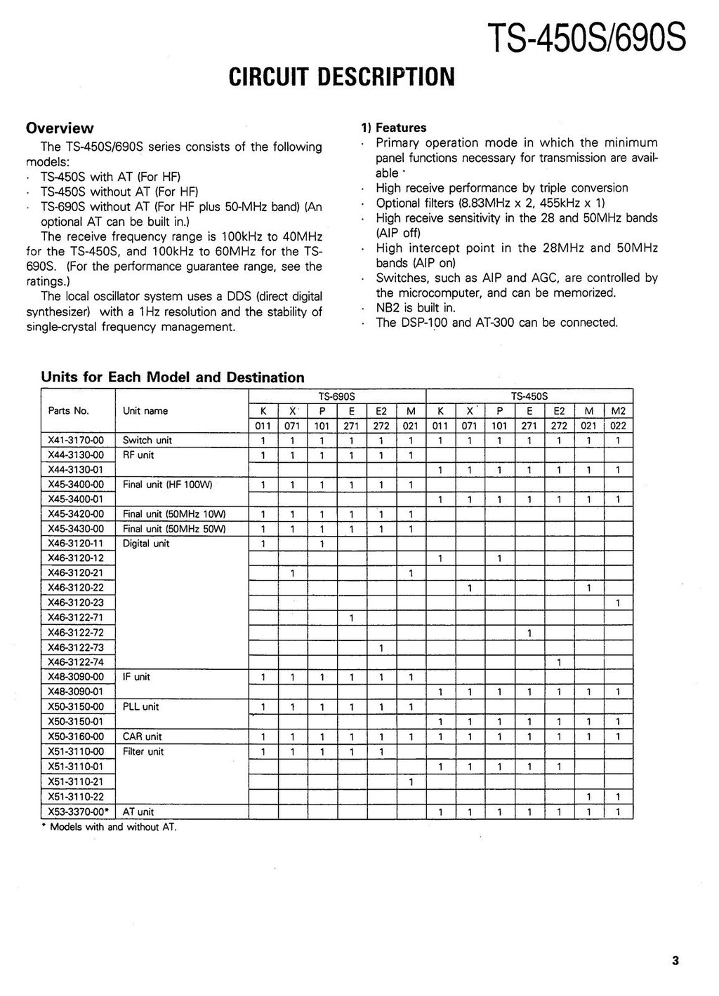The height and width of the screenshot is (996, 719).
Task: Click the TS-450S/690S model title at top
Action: tap(586, 39)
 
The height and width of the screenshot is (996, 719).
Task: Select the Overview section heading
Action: tap(60, 128)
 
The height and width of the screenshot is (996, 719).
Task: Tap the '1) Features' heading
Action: tap(393, 128)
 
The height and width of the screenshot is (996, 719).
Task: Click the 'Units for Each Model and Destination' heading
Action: tap(173, 377)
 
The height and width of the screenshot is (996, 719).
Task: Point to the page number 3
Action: tap(675, 961)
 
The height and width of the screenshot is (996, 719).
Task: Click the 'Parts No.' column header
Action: tap(69, 411)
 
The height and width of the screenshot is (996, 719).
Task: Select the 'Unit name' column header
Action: tap(145, 411)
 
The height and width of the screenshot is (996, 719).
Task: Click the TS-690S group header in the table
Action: tap(337, 396)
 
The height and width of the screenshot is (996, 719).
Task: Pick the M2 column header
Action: tap(618, 411)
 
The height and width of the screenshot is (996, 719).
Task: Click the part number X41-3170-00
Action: tap(76, 440)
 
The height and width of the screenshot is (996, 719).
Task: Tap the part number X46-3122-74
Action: tap(76, 662)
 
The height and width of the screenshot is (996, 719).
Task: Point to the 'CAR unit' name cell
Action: tap(142, 736)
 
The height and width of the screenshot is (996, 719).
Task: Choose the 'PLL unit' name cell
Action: tap(141, 707)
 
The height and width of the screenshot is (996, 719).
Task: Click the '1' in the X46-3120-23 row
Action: tap(618, 603)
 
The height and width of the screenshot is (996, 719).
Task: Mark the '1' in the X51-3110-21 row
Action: tap(411, 781)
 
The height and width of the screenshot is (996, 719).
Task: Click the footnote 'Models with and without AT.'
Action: tap(112, 827)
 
